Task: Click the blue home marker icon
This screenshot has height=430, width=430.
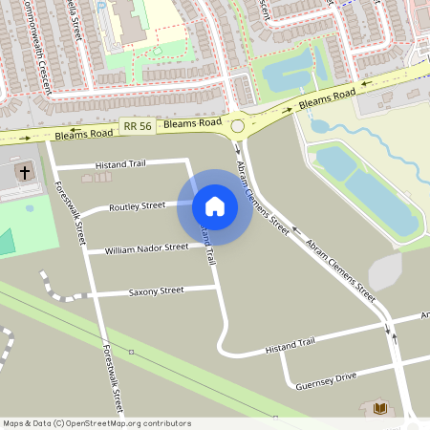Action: [x=215, y=206]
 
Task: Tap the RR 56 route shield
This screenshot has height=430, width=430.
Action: [x=138, y=126]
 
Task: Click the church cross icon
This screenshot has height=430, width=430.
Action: [x=24, y=173]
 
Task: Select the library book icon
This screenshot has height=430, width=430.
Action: [x=379, y=409]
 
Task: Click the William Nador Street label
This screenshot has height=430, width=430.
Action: [x=147, y=248]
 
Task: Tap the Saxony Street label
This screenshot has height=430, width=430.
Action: [x=156, y=290]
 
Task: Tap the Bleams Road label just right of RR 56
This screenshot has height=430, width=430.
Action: [x=192, y=124]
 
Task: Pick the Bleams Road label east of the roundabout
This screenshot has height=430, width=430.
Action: [x=327, y=97]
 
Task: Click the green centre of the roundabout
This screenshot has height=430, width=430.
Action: [x=238, y=125]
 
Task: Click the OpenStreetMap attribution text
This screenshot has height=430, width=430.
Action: [x=97, y=422]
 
